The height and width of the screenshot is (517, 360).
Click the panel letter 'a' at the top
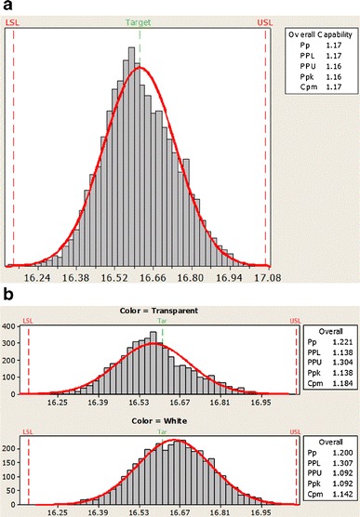[x=7, y=7]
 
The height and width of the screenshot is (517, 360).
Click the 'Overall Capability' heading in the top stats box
[x=321, y=40]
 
